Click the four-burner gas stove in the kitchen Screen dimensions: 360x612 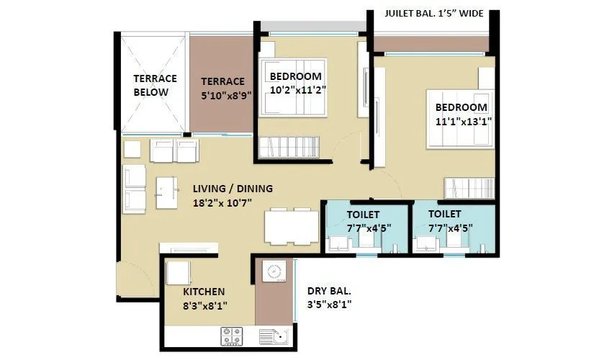231,336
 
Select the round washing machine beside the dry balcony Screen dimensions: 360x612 273,272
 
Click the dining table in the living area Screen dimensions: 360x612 292,227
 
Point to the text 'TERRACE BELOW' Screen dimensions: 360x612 151,85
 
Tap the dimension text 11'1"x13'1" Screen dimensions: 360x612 462,122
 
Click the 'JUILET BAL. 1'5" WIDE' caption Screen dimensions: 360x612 433,13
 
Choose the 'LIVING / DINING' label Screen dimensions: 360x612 233,189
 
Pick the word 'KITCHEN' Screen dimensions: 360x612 204,292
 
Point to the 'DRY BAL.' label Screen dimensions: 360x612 329,291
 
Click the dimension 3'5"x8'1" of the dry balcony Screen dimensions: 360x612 329,305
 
